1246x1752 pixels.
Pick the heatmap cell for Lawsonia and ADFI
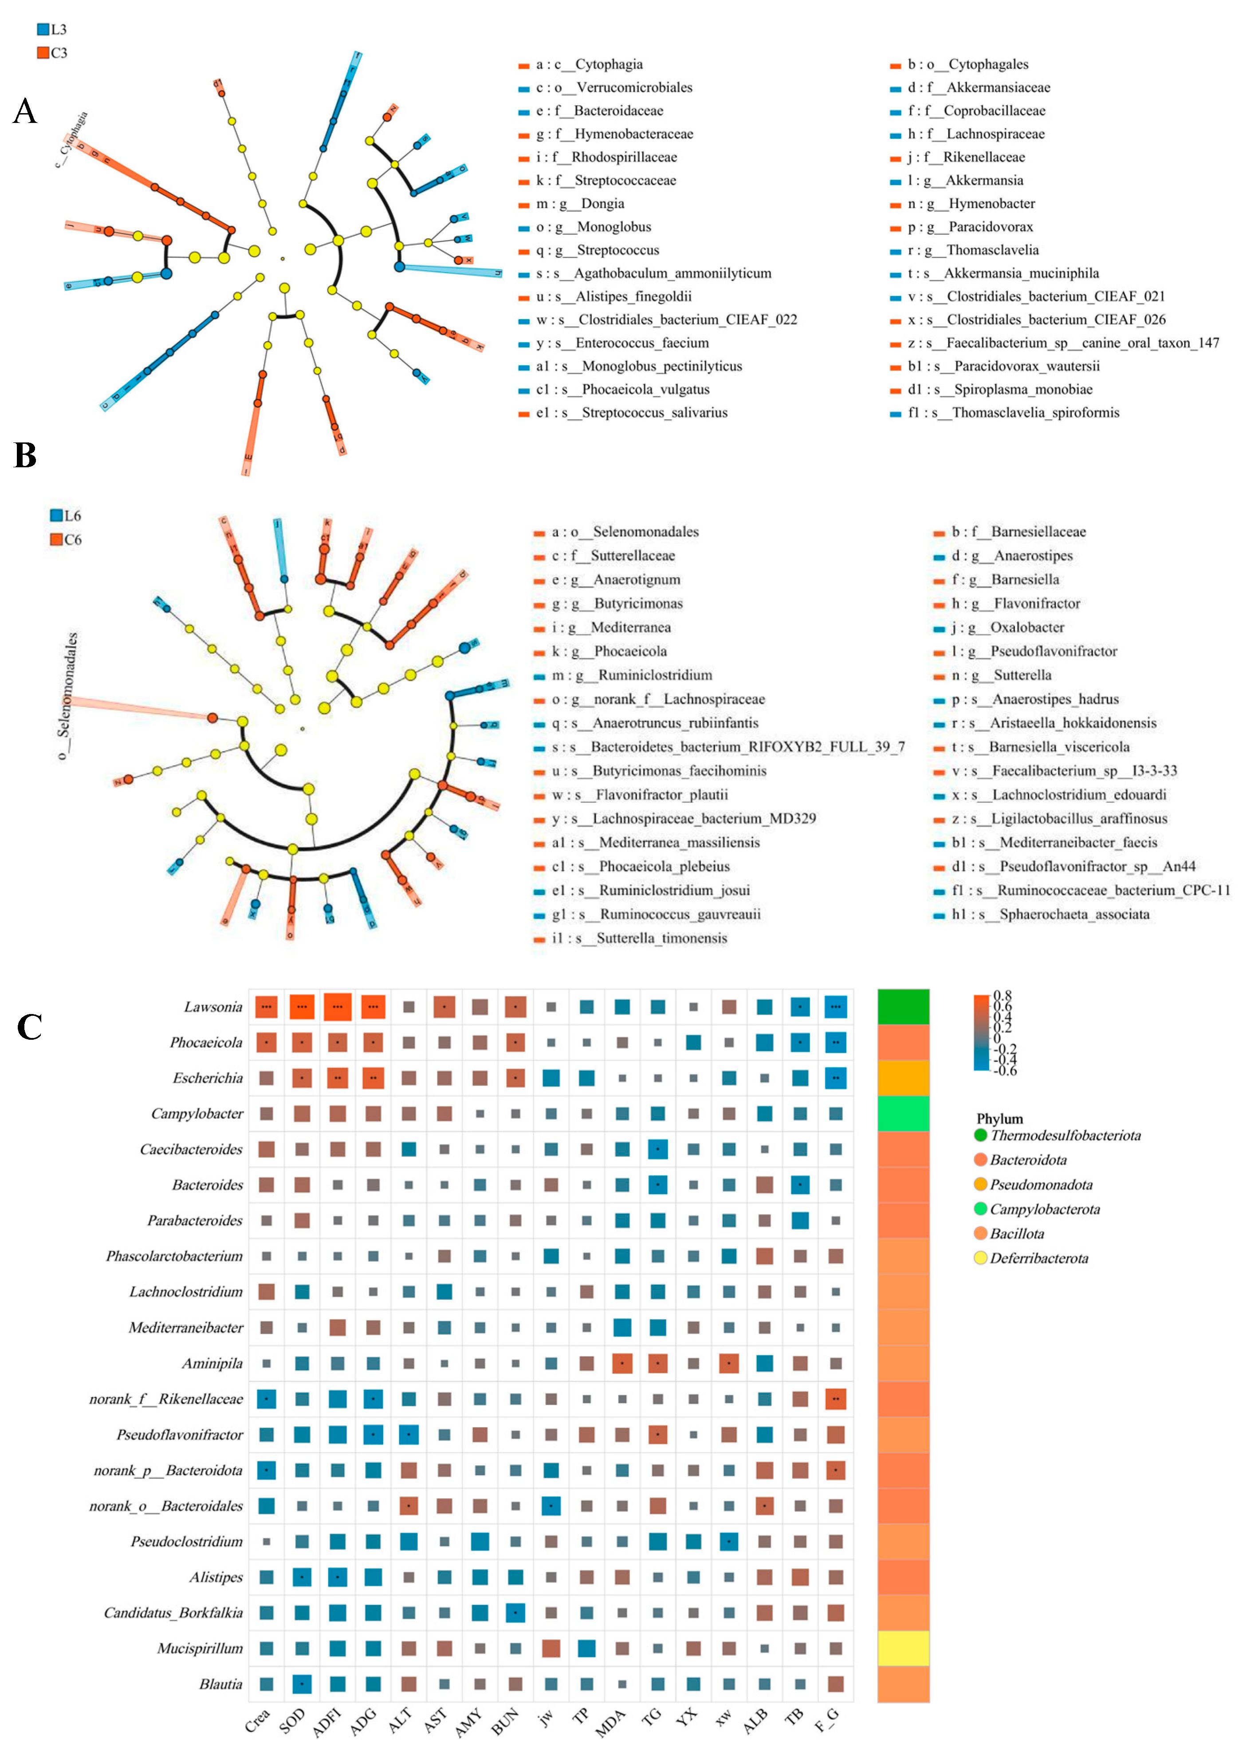tap(338, 1007)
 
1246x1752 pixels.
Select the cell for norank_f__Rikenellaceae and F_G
tap(836, 1399)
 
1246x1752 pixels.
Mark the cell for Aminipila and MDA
tap(622, 1364)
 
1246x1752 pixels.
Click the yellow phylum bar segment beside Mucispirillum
tap(903, 1649)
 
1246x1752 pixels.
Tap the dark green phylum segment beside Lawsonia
tap(903, 1007)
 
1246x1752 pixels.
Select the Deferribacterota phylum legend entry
tap(1038, 1258)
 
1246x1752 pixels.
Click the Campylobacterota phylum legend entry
tap(1043, 1209)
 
